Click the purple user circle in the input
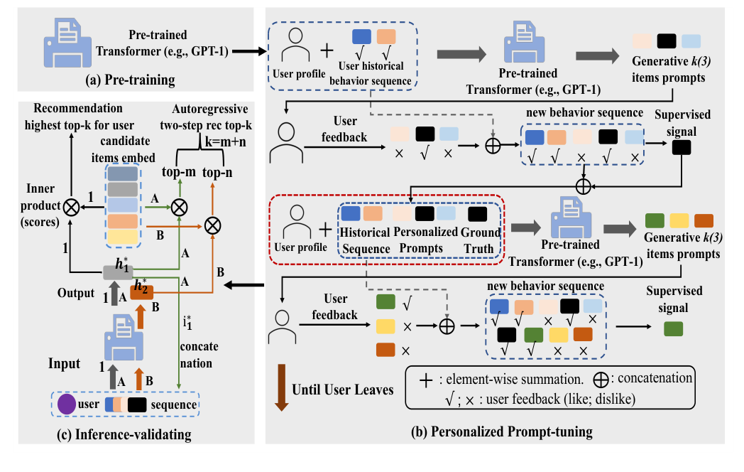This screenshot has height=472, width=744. [67, 404]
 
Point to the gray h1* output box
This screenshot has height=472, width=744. [114, 272]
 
